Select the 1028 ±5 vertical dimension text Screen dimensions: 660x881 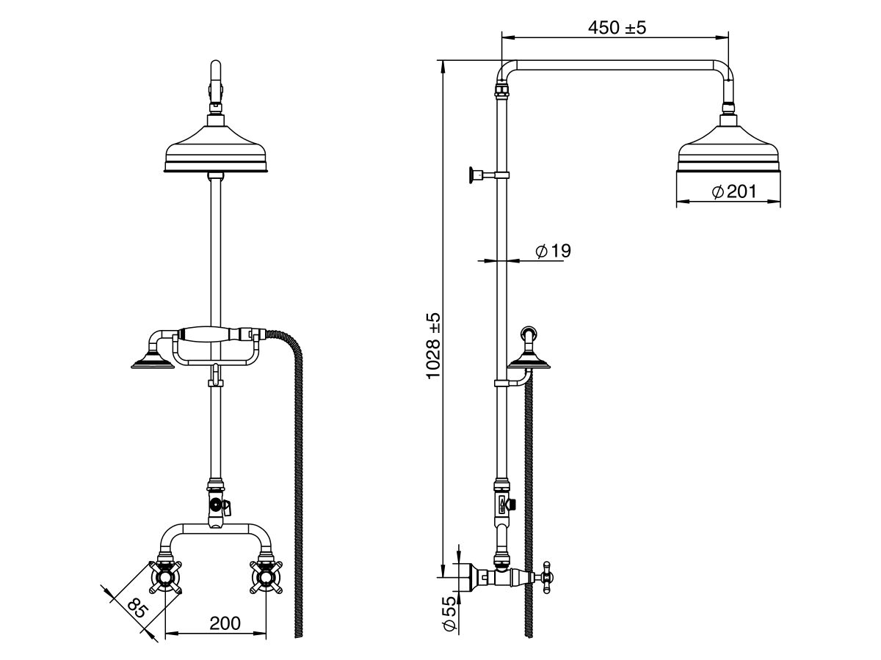pos(434,345)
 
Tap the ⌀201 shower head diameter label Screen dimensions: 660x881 pos(734,191)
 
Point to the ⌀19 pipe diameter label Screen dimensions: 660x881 pos(553,251)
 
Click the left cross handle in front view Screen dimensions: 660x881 pos(166,577)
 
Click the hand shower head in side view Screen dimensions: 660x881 pos(531,360)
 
